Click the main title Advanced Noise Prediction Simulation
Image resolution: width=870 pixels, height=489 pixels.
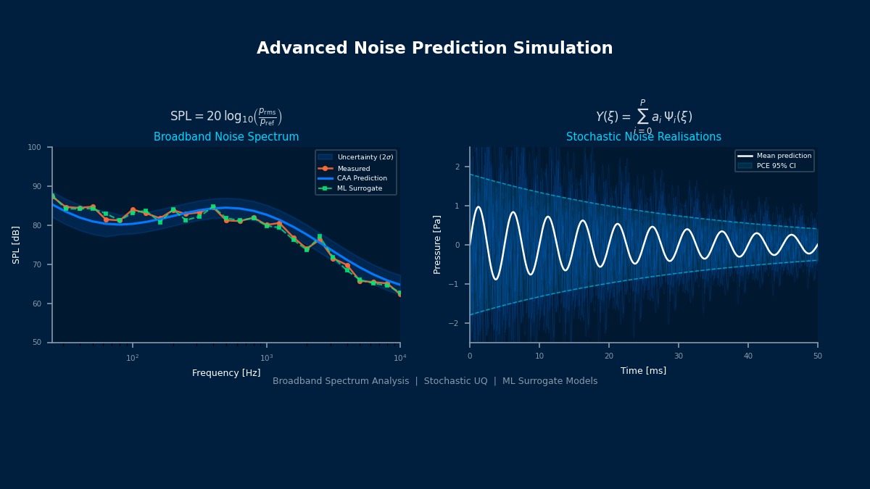434,49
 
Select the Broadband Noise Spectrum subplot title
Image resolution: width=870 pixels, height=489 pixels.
226,137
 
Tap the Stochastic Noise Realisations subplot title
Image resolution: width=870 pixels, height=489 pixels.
643,137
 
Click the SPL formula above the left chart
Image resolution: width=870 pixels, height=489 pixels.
226,117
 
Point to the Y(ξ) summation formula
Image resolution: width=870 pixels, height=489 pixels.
643,116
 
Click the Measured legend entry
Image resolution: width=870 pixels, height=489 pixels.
353,169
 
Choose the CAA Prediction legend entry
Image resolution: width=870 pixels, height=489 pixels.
362,178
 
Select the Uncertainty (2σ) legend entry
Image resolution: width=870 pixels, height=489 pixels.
365,157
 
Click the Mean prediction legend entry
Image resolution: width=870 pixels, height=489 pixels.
784,156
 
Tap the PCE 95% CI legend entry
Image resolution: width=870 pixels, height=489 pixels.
775,166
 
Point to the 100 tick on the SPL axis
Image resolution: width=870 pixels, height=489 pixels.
34,147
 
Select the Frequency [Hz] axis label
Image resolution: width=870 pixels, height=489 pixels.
226,373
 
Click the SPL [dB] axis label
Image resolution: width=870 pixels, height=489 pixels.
16,245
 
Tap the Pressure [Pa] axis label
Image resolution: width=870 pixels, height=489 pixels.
437,245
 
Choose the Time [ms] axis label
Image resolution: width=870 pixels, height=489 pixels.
643,371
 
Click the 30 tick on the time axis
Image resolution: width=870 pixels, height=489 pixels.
679,356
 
